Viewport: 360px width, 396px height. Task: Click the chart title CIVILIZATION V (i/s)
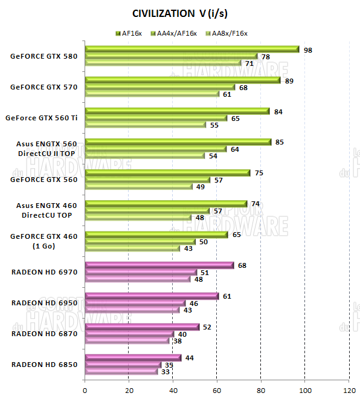tap(179, 13)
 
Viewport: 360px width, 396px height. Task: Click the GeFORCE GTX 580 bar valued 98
tap(192, 50)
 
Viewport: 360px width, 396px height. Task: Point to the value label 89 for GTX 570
tap(289, 80)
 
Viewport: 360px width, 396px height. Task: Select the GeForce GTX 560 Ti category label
tap(41, 118)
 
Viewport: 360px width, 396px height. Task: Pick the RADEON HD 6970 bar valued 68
tap(159, 265)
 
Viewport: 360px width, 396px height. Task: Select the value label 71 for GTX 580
tap(248, 63)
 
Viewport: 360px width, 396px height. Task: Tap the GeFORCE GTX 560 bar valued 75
tap(167, 173)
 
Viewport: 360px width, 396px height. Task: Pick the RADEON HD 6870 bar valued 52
tap(142, 327)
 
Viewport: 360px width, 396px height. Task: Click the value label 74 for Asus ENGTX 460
tap(255, 204)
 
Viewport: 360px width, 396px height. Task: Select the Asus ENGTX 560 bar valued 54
tap(144, 155)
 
